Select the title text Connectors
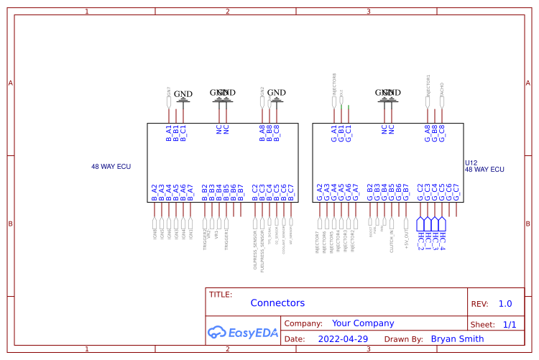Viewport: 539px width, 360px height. [277, 303]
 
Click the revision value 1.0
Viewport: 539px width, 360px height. [505, 304]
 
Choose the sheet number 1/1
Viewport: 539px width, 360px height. [510, 325]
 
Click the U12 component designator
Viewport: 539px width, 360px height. [471, 163]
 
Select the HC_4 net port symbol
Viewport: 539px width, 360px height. [442, 236]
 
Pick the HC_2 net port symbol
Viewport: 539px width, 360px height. [420, 236]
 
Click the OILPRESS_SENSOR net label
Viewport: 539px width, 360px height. [254, 249]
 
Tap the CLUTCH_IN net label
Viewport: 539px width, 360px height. [392, 237]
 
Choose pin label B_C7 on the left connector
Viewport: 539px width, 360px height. [291, 192]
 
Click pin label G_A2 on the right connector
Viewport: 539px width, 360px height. [320, 192]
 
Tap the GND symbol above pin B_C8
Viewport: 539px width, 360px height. [277, 93]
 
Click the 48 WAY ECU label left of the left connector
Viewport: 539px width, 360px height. [111, 166]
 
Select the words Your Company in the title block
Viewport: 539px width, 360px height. [363, 323]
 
